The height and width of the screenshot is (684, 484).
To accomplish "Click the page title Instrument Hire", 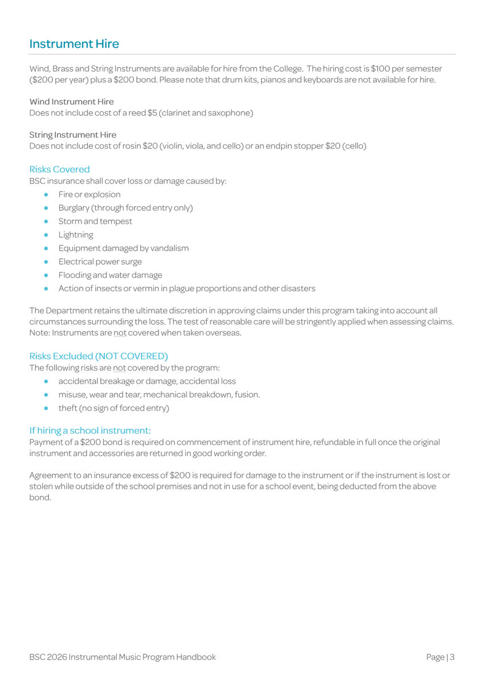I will click(x=74, y=44).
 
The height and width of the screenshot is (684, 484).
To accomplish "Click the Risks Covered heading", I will click(x=59, y=169).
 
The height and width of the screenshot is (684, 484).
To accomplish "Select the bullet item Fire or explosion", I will click(x=89, y=194).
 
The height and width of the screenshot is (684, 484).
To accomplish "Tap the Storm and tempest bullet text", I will click(x=95, y=221).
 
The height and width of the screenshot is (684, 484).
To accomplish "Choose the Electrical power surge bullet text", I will click(x=100, y=262).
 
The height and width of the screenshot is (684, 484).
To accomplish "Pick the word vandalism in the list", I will click(x=169, y=248).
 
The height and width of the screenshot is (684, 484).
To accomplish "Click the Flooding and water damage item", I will click(x=110, y=275).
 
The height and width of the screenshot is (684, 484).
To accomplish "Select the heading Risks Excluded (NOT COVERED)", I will click(x=99, y=356).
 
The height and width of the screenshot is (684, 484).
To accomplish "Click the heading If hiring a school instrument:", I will click(x=90, y=430).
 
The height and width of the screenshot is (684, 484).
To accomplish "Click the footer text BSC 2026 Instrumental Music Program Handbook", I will click(x=123, y=657).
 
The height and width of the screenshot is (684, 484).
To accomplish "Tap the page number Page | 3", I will click(x=440, y=657).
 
